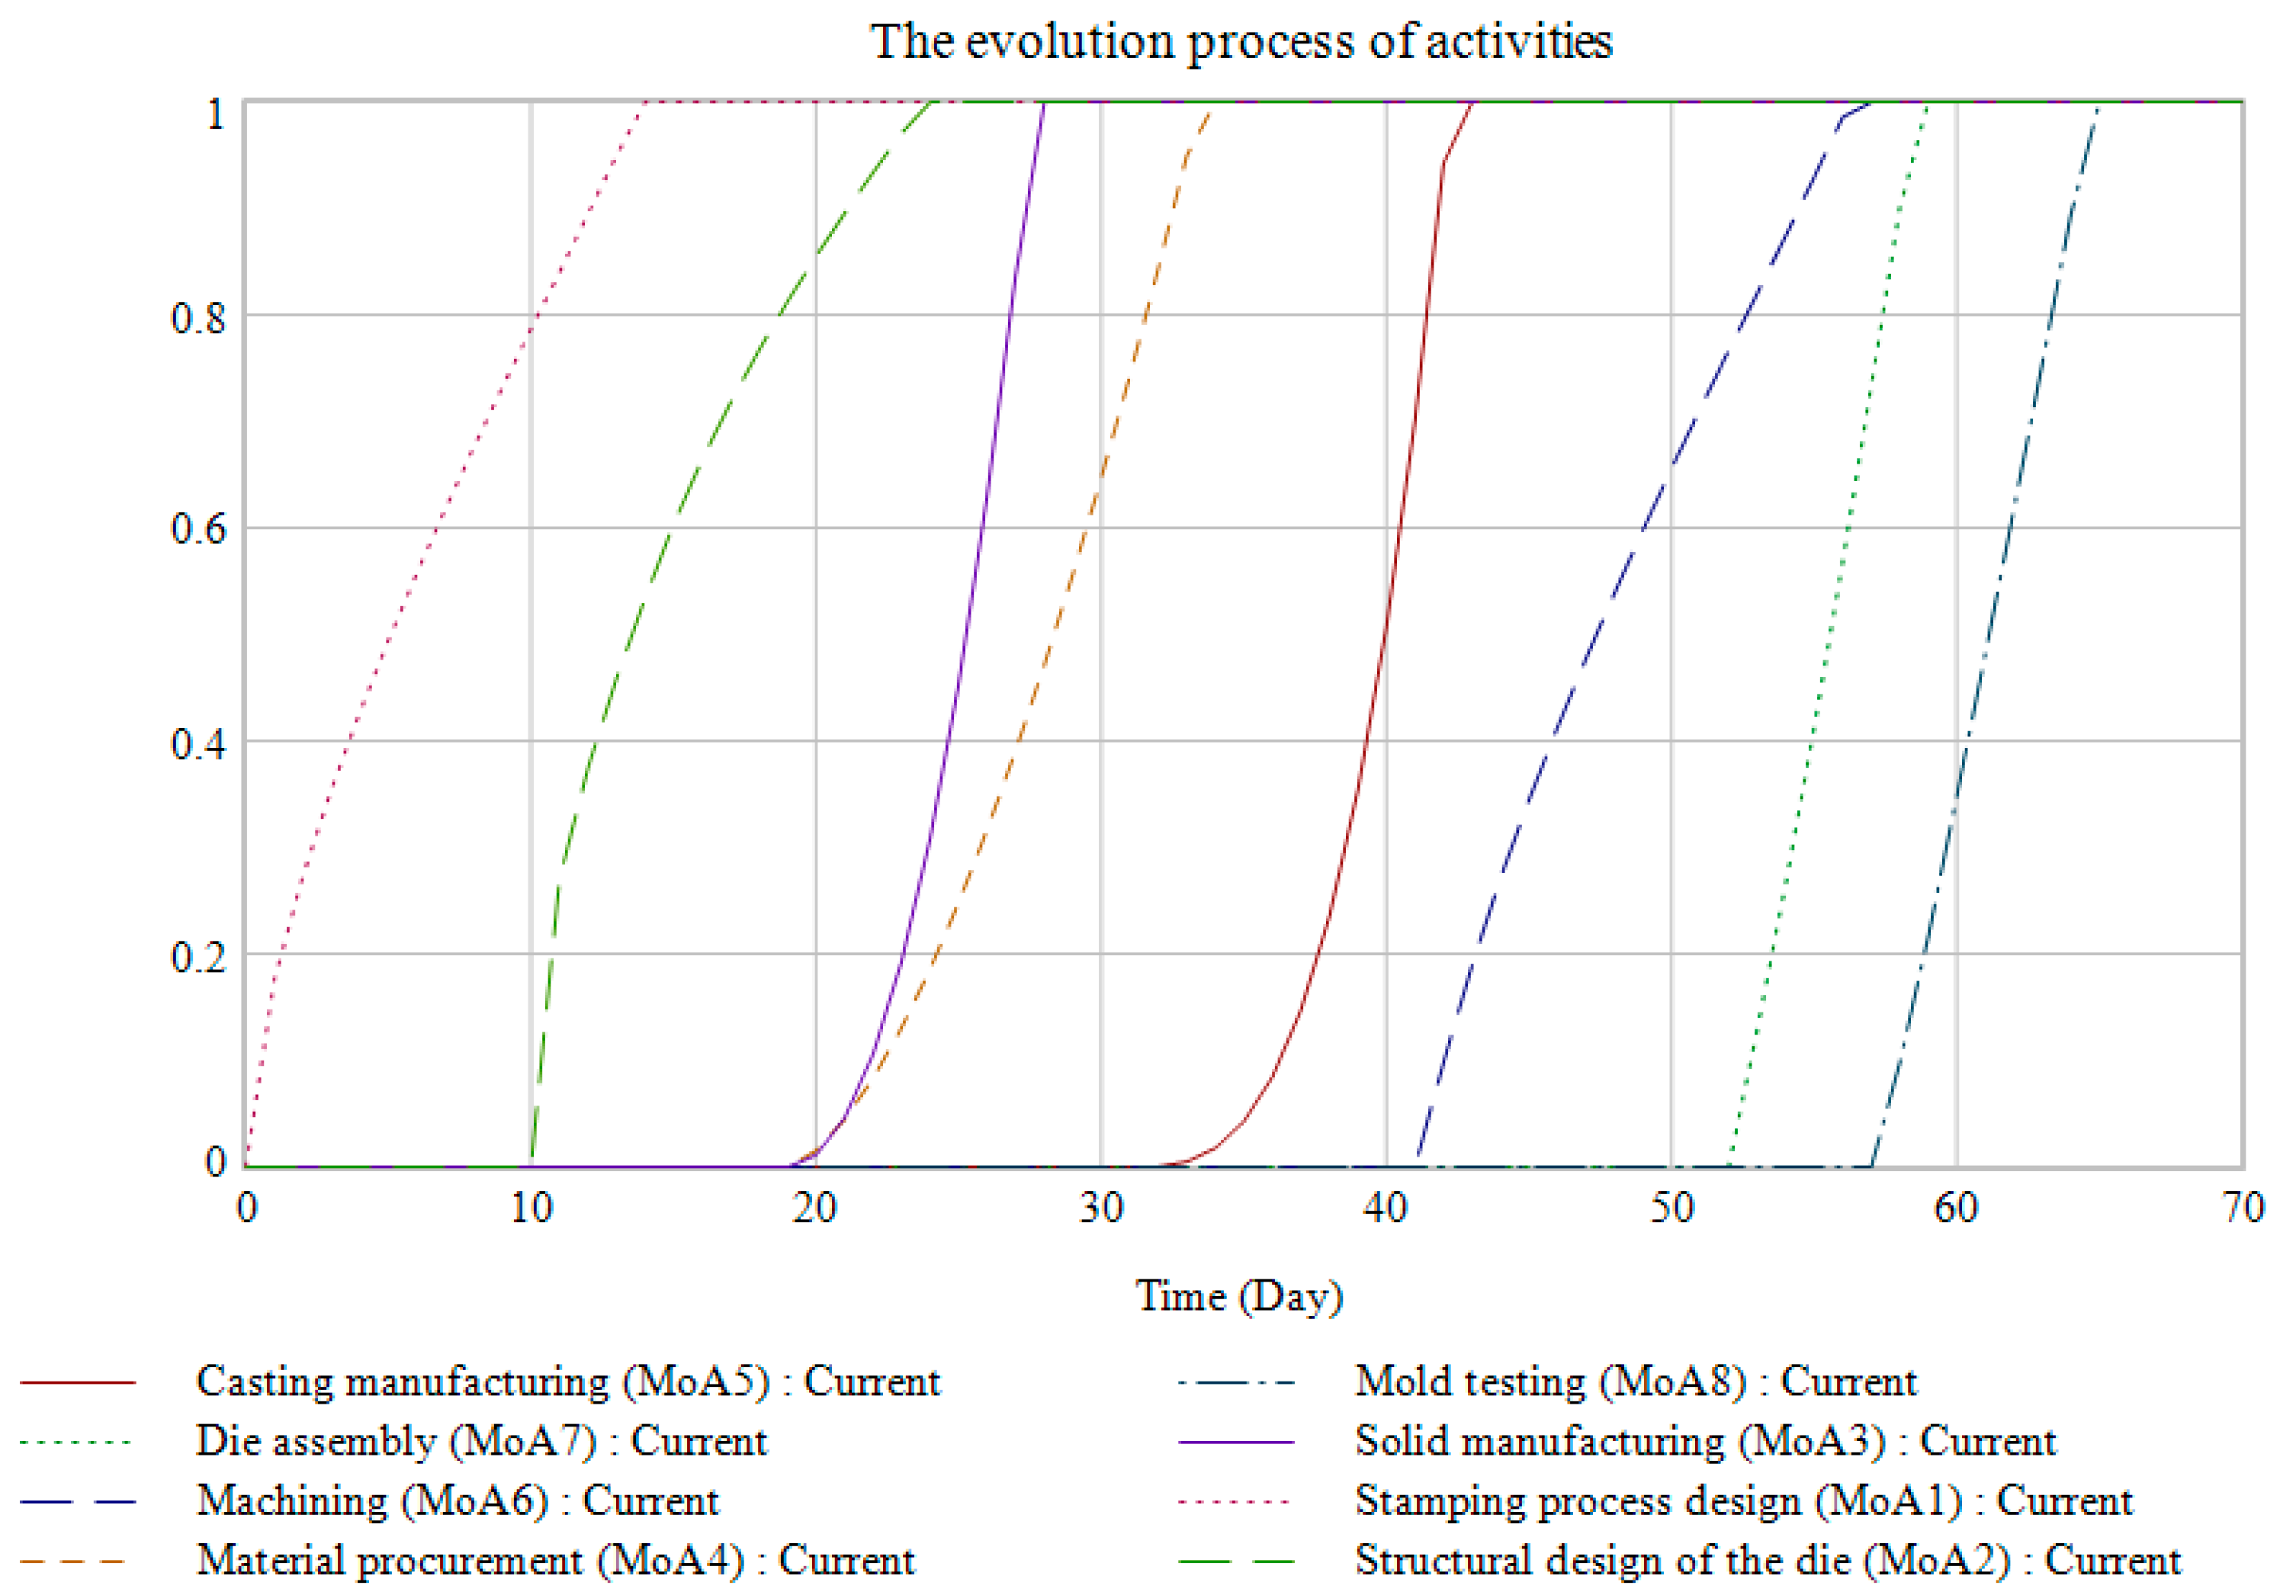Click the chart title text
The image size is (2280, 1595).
tap(1241, 42)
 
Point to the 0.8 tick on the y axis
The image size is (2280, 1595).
tap(197, 318)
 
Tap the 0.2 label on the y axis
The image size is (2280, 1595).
tap(197, 956)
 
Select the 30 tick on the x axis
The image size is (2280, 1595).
tap(1101, 1208)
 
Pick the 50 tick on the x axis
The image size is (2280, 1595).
tap(1672, 1208)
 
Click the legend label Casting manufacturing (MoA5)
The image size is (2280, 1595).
tap(567, 1382)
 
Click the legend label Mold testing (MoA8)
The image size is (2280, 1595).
tap(1636, 1382)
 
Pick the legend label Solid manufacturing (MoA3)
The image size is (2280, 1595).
tap(1705, 1442)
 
